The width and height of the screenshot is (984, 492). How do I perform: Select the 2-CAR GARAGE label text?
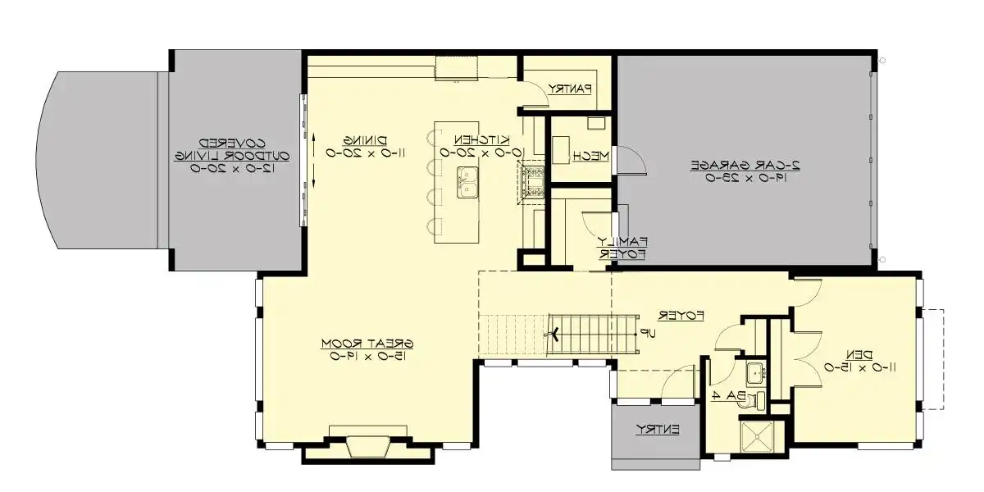pyautogui.click(x=745, y=165)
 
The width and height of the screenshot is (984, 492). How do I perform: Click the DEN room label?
pyautogui.click(x=860, y=354)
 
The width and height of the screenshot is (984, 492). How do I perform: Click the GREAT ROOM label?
pyautogui.click(x=367, y=342)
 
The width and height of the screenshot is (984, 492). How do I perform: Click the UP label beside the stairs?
pyautogui.click(x=648, y=334)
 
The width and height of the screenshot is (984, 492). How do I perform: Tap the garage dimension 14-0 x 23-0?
pyautogui.click(x=745, y=178)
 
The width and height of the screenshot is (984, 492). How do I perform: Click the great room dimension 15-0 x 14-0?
pyautogui.click(x=367, y=356)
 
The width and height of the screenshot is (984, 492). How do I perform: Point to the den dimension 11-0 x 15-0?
pyautogui.click(x=860, y=368)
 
